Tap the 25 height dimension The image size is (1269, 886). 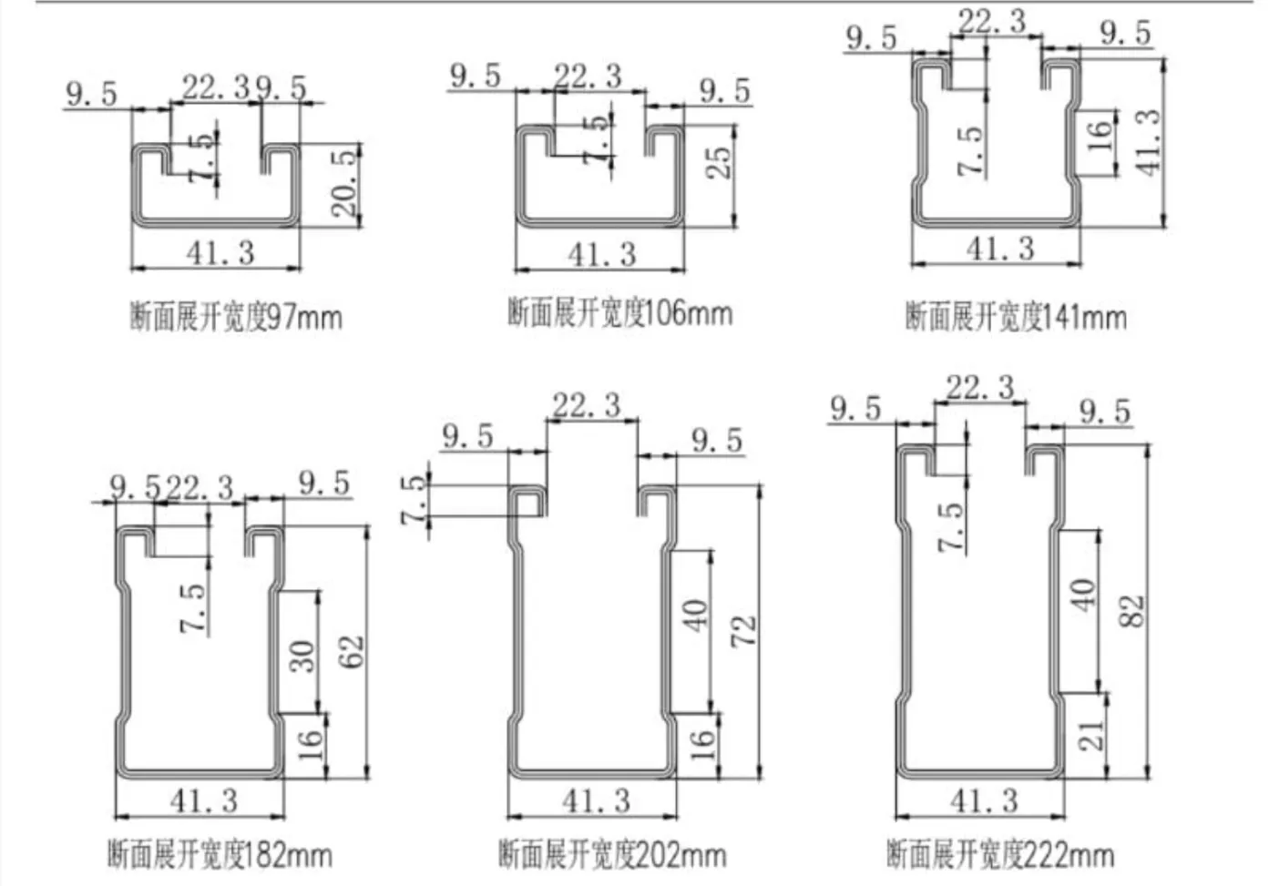tap(720, 163)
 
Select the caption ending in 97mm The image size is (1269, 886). tap(236, 317)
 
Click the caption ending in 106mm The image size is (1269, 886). tap(619, 313)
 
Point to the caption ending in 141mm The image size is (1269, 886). tap(1016, 317)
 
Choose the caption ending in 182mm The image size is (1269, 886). tap(220, 855)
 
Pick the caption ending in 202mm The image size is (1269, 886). tap(612, 855)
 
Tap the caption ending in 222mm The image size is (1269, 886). tap(1000, 855)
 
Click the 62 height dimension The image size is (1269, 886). tap(353, 652)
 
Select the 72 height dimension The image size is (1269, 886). tap(744, 631)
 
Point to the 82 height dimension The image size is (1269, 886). tap(1132, 611)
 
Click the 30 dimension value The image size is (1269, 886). tap(302, 657)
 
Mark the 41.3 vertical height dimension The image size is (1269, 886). tap(1148, 143)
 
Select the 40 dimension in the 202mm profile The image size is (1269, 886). tap(696, 616)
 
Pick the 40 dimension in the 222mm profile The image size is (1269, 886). tap(1083, 596)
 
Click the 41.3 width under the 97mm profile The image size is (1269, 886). tap(220, 252)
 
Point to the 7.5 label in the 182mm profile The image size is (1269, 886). tap(192, 607)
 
